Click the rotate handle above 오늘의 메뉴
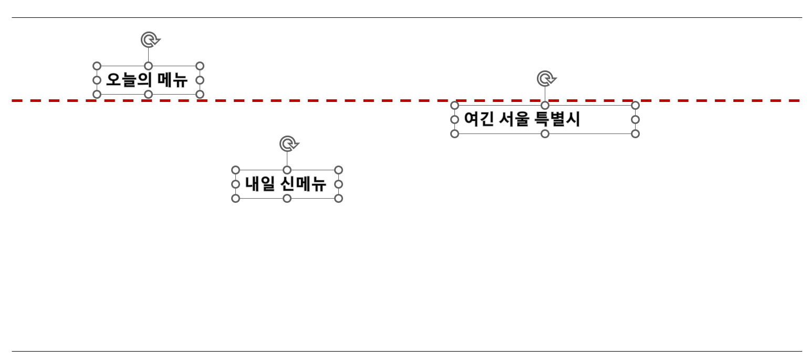click(x=150, y=40)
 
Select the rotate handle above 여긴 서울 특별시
click(x=546, y=79)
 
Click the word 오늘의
click(x=129, y=80)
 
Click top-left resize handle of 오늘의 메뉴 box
click(x=97, y=66)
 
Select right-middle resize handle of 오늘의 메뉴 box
click(x=200, y=80)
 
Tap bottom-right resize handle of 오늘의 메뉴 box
click(x=200, y=94)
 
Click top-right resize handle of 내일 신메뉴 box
click(x=338, y=170)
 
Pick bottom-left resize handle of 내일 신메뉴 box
click(x=235, y=198)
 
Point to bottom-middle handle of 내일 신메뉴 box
click(x=287, y=198)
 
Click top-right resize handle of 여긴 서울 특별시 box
click(x=635, y=105)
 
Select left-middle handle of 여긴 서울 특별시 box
click(x=455, y=119)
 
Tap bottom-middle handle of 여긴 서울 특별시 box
click(x=545, y=133)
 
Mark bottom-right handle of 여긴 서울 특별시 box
click(x=635, y=133)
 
